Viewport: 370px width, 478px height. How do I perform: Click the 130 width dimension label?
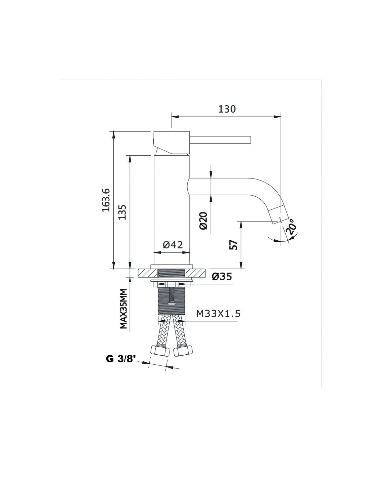(227, 109)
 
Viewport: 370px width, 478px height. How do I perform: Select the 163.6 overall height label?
(106, 200)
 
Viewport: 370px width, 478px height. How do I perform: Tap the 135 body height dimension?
(122, 212)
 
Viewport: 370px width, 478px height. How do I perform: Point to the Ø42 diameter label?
(173, 245)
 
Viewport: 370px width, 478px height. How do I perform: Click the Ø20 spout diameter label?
(203, 221)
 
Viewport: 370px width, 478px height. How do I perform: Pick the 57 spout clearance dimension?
(234, 245)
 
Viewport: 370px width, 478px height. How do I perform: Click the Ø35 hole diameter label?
(222, 277)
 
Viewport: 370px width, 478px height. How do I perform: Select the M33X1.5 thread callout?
(218, 314)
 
